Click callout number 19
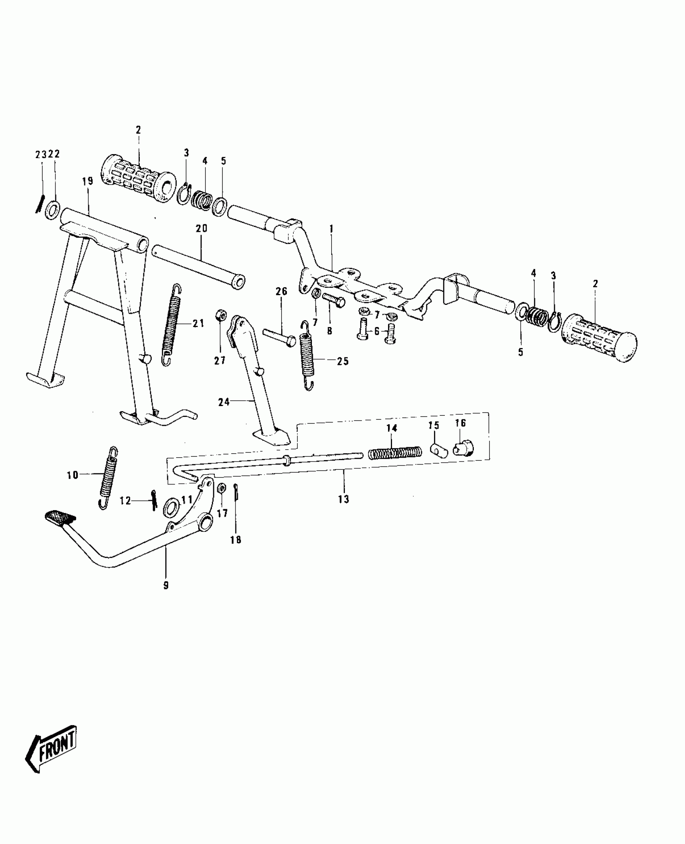tap(87, 181)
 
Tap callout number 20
tap(201, 228)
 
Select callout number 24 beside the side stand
tap(224, 402)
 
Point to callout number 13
tap(344, 499)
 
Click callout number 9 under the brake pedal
tap(166, 586)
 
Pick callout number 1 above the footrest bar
tap(331, 229)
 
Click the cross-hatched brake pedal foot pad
tap(60, 517)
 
